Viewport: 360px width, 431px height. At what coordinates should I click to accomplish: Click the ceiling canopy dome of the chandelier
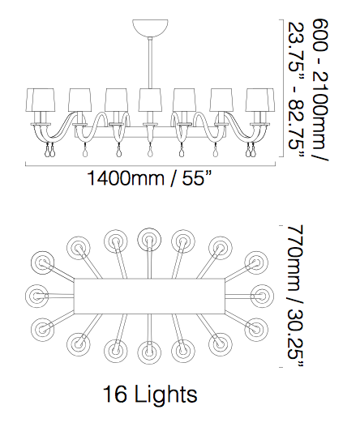tap(150, 27)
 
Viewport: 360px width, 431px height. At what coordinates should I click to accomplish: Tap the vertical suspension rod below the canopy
tap(150, 62)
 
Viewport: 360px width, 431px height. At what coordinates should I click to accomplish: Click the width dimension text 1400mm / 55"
tap(150, 178)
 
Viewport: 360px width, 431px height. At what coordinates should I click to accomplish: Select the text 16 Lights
tap(150, 394)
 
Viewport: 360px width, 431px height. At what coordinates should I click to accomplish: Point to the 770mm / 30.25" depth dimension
tap(297, 296)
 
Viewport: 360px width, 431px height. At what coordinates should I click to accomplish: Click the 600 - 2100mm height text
tap(320, 90)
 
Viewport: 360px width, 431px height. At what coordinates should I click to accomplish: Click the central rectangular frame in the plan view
tap(150, 297)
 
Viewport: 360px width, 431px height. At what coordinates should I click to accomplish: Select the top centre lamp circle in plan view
tap(149, 240)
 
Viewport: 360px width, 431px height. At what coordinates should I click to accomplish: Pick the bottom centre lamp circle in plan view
tap(150, 352)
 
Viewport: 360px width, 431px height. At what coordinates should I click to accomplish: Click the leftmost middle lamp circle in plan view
tap(36, 296)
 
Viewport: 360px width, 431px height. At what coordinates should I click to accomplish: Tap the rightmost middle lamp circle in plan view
tap(262, 296)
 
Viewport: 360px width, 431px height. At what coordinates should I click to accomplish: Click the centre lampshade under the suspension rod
tap(150, 100)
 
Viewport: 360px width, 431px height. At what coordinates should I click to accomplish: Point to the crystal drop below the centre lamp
tap(150, 151)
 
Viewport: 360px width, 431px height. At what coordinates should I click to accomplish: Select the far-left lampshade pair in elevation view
tap(41, 100)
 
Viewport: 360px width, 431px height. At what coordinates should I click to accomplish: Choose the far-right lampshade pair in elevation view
tap(260, 100)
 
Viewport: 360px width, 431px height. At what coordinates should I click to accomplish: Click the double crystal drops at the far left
tap(49, 151)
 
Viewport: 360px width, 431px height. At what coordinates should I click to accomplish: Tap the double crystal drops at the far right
tap(251, 151)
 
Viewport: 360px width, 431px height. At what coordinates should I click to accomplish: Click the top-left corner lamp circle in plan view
tap(43, 262)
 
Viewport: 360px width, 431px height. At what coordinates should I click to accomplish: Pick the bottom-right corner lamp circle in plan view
tap(256, 330)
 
